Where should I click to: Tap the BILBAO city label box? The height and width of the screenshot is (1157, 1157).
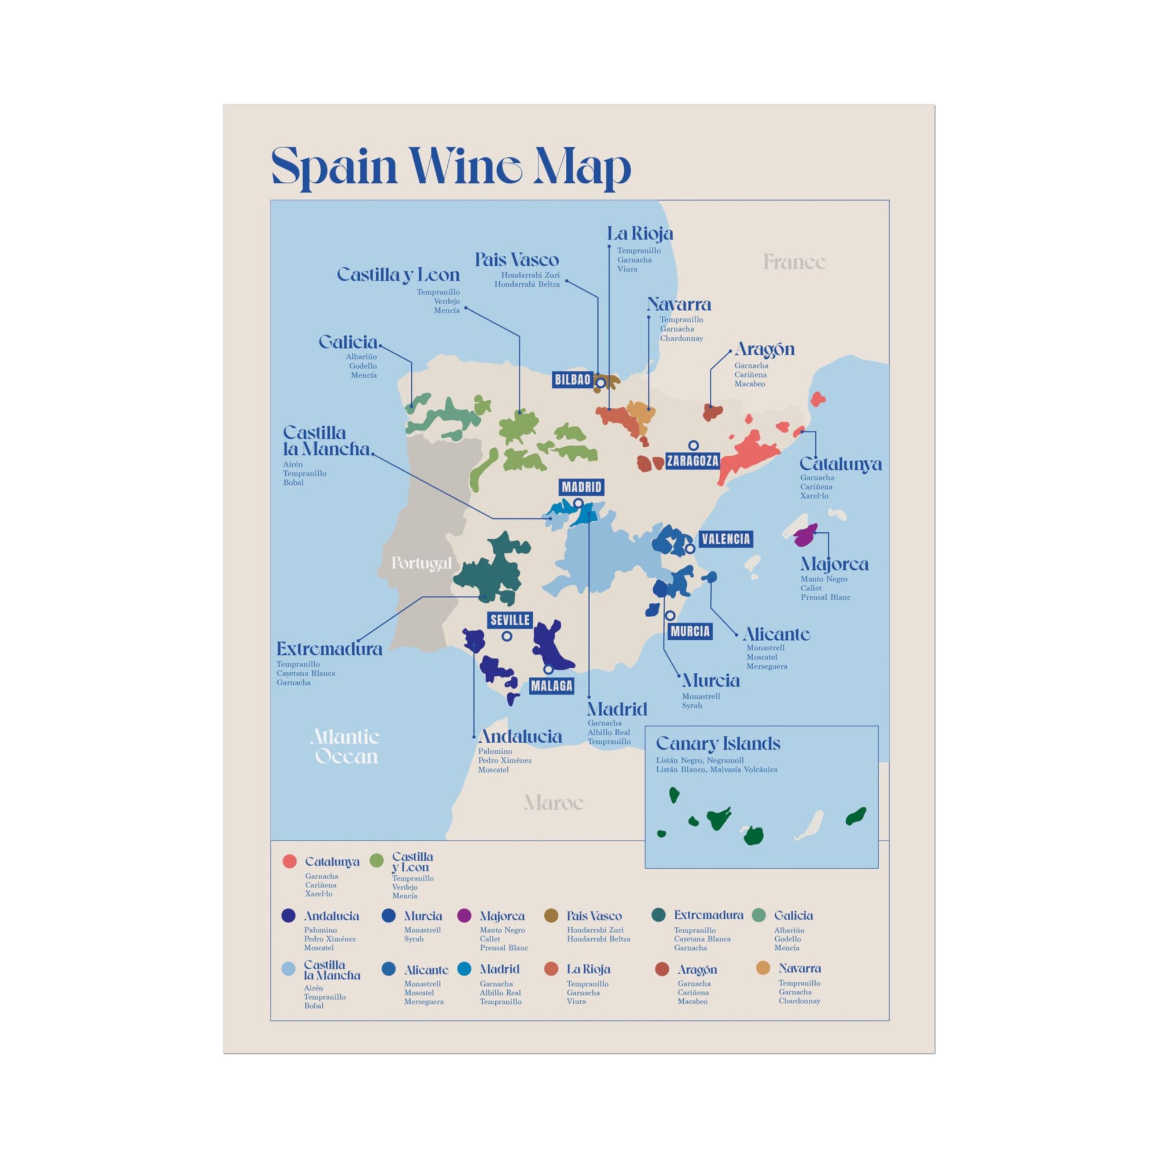coord(573,379)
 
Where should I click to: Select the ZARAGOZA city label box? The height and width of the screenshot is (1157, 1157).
coord(692,461)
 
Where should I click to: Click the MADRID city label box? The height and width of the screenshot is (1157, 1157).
coord(581,487)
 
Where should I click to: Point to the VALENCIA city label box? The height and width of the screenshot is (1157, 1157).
coord(725,539)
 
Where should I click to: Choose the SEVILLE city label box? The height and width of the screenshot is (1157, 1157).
coord(510,620)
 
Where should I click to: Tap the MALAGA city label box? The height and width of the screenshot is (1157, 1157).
coord(551,686)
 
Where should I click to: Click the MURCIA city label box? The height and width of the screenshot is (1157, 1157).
coord(690,631)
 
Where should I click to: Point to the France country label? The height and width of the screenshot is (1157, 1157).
coord(794,261)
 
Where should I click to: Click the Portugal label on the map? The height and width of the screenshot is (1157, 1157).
coord(421,563)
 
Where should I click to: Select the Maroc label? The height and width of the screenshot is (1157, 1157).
coord(552,802)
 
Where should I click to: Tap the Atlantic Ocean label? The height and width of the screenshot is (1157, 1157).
coord(345,746)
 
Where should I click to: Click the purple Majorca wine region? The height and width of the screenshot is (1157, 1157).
coord(805,535)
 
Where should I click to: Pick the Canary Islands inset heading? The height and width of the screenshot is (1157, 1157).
coord(717,744)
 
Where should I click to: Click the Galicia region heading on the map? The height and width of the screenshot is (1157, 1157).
coord(348,342)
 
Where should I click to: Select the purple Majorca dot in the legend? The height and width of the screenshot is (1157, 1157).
coord(464,916)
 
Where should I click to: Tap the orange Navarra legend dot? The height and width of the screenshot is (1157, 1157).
coord(762,968)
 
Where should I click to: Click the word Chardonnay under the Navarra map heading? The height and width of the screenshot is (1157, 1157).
coord(681,338)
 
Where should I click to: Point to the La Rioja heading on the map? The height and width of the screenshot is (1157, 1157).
coord(640,234)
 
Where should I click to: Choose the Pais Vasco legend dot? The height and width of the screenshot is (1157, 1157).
coord(551,916)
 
